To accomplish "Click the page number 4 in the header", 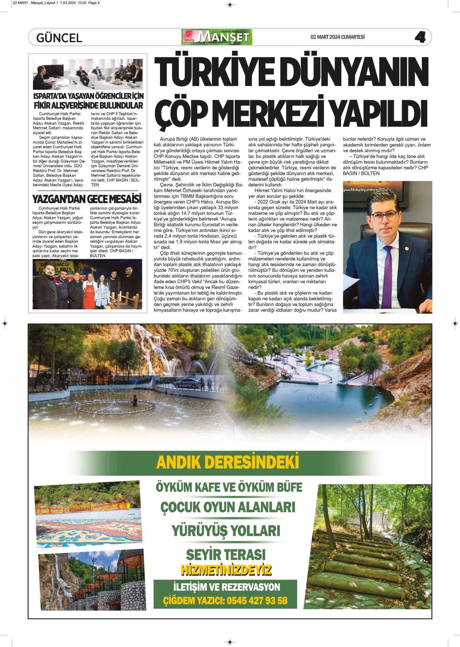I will click(420, 37).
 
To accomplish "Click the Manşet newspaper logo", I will click(217, 37).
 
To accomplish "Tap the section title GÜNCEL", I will click(59, 38).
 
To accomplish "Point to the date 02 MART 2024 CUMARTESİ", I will click(337, 37).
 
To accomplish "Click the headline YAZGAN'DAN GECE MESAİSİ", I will click(87, 199).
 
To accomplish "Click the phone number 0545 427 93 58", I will click(257, 600).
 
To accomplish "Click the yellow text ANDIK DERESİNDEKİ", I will click(227, 462).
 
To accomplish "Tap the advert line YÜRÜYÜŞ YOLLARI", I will click(226, 531).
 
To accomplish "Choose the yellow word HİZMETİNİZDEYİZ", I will click(226, 570).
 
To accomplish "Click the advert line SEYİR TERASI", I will click(226, 554).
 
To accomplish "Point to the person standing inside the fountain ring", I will click(135, 401).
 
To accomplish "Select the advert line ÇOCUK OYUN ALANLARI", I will click(228, 507).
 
